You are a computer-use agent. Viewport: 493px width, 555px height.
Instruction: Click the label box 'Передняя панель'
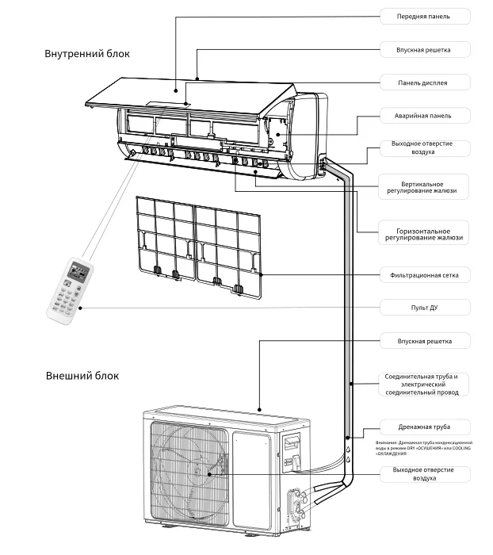pyautogui.click(x=423, y=16)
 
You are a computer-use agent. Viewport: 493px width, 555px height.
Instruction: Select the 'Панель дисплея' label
pyautogui.click(x=423, y=82)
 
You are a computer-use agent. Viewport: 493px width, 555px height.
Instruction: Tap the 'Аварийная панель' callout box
pyautogui.click(x=423, y=115)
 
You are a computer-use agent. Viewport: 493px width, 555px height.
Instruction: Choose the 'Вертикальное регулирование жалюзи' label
pyautogui.click(x=423, y=186)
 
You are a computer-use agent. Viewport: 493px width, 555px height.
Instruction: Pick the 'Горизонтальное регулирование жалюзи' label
pyautogui.click(x=423, y=232)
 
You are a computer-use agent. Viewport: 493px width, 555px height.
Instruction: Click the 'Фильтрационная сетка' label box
pyautogui.click(x=423, y=275)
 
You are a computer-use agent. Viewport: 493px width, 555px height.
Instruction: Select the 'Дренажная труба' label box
pyautogui.click(x=423, y=426)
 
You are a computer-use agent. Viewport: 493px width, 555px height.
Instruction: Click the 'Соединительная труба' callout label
pyautogui.click(x=423, y=384)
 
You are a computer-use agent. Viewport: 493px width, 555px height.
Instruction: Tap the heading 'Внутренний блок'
pyautogui.click(x=87, y=54)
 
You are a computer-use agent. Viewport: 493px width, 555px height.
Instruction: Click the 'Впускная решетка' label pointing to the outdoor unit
pyautogui.click(x=423, y=341)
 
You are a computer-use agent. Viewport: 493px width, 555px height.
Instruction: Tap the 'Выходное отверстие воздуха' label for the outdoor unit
pyautogui.click(x=423, y=474)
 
